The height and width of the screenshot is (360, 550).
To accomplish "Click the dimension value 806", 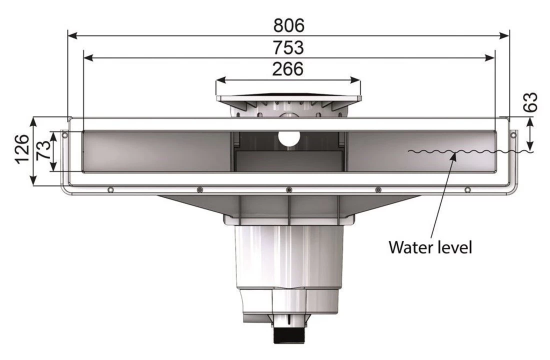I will (x=288, y=24).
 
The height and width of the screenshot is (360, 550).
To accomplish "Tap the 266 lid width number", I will (x=287, y=68).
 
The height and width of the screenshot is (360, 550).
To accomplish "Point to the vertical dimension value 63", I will (x=532, y=102).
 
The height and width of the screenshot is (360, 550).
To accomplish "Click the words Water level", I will (x=430, y=246).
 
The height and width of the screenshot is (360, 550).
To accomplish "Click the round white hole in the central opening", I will (x=288, y=138).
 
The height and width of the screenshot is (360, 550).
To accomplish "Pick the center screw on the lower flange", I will (x=288, y=189).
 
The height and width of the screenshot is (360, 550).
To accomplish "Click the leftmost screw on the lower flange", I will (x=109, y=189).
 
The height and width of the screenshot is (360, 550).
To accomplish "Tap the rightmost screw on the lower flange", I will (x=467, y=189).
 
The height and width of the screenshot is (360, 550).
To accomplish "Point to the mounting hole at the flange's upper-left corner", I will (x=64, y=134).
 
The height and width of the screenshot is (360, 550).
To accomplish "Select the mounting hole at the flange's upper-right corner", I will (x=512, y=134).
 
